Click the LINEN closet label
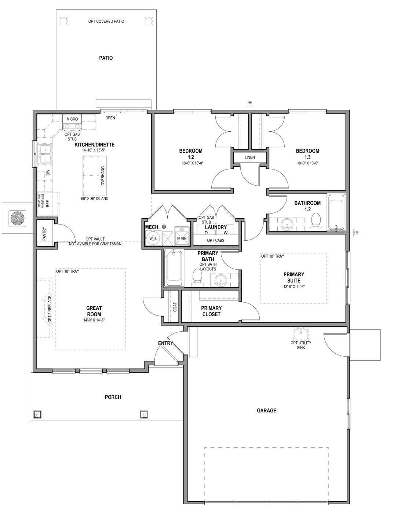249,157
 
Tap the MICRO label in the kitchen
72,119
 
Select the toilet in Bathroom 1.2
315,222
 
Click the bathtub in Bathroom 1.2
336,213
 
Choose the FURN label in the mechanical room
182,238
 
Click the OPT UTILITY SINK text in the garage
301,345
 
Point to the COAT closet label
175,307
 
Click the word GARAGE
266,411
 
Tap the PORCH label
113,397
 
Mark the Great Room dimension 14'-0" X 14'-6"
94,320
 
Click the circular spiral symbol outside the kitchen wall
16,218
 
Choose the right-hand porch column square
144,414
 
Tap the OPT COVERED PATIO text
106,21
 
